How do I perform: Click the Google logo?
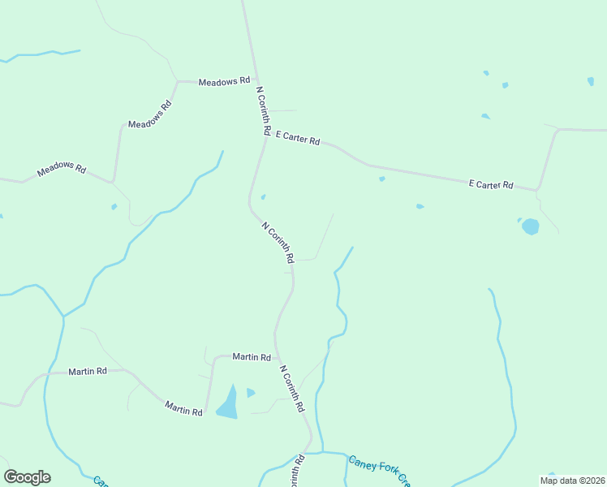pyautogui.click(x=27, y=477)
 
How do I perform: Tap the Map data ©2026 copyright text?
pyautogui.click(x=572, y=481)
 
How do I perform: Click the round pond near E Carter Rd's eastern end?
pyautogui.click(x=531, y=226)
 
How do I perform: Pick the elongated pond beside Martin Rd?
pyautogui.click(x=228, y=403)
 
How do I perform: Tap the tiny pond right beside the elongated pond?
pyautogui.click(x=250, y=393)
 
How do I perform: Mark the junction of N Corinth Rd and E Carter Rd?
pyautogui.click(x=266, y=136)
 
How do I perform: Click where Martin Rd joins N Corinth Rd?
pyautogui.click(x=277, y=356)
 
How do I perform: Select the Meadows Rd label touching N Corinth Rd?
pyautogui.click(x=224, y=82)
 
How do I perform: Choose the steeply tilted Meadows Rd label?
pyautogui.click(x=151, y=114)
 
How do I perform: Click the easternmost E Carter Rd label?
pyautogui.click(x=491, y=185)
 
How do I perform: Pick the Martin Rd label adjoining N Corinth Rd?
pyautogui.click(x=252, y=356)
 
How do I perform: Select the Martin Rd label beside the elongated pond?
pyautogui.click(x=183, y=408)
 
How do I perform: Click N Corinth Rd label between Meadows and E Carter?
pyautogui.click(x=263, y=110)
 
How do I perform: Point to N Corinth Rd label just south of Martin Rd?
pyautogui.click(x=291, y=388)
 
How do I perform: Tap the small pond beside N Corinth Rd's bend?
pyautogui.click(x=263, y=196)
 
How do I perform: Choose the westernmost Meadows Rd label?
pyautogui.click(x=62, y=170)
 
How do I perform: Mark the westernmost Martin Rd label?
pyautogui.click(x=88, y=371)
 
